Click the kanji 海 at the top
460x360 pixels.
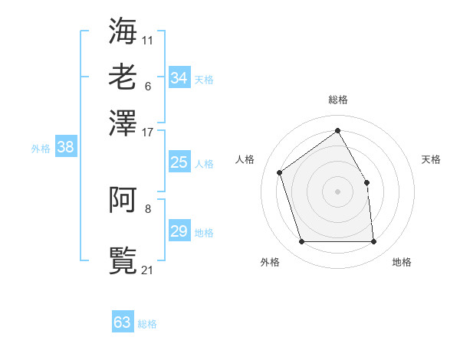(x=123, y=30)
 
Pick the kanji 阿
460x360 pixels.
(x=123, y=200)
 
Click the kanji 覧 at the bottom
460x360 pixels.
(x=123, y=260)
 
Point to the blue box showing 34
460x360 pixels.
(x=179, y=78)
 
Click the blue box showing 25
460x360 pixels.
(x=179, y=162)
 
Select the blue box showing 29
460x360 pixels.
(x=179, y=231)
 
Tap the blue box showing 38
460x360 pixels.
(x=65, y=148)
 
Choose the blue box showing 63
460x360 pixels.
(x=123, y=322)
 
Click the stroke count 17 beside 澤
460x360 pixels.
(x=148, y=132)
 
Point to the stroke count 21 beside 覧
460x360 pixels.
(x=148, y=270)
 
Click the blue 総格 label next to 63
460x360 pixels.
(x=147, y=324)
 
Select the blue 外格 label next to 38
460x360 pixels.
(x=41, y=149)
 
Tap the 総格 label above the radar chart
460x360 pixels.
(x=337, y=100)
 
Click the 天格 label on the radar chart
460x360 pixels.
(x=431, y=159)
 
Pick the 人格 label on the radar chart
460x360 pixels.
(x=245, y=159)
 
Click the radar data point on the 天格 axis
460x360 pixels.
(x=366, y=182)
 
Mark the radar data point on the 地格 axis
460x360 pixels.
(x=373, y=242)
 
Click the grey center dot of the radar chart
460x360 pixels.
(x=337, y=191)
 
